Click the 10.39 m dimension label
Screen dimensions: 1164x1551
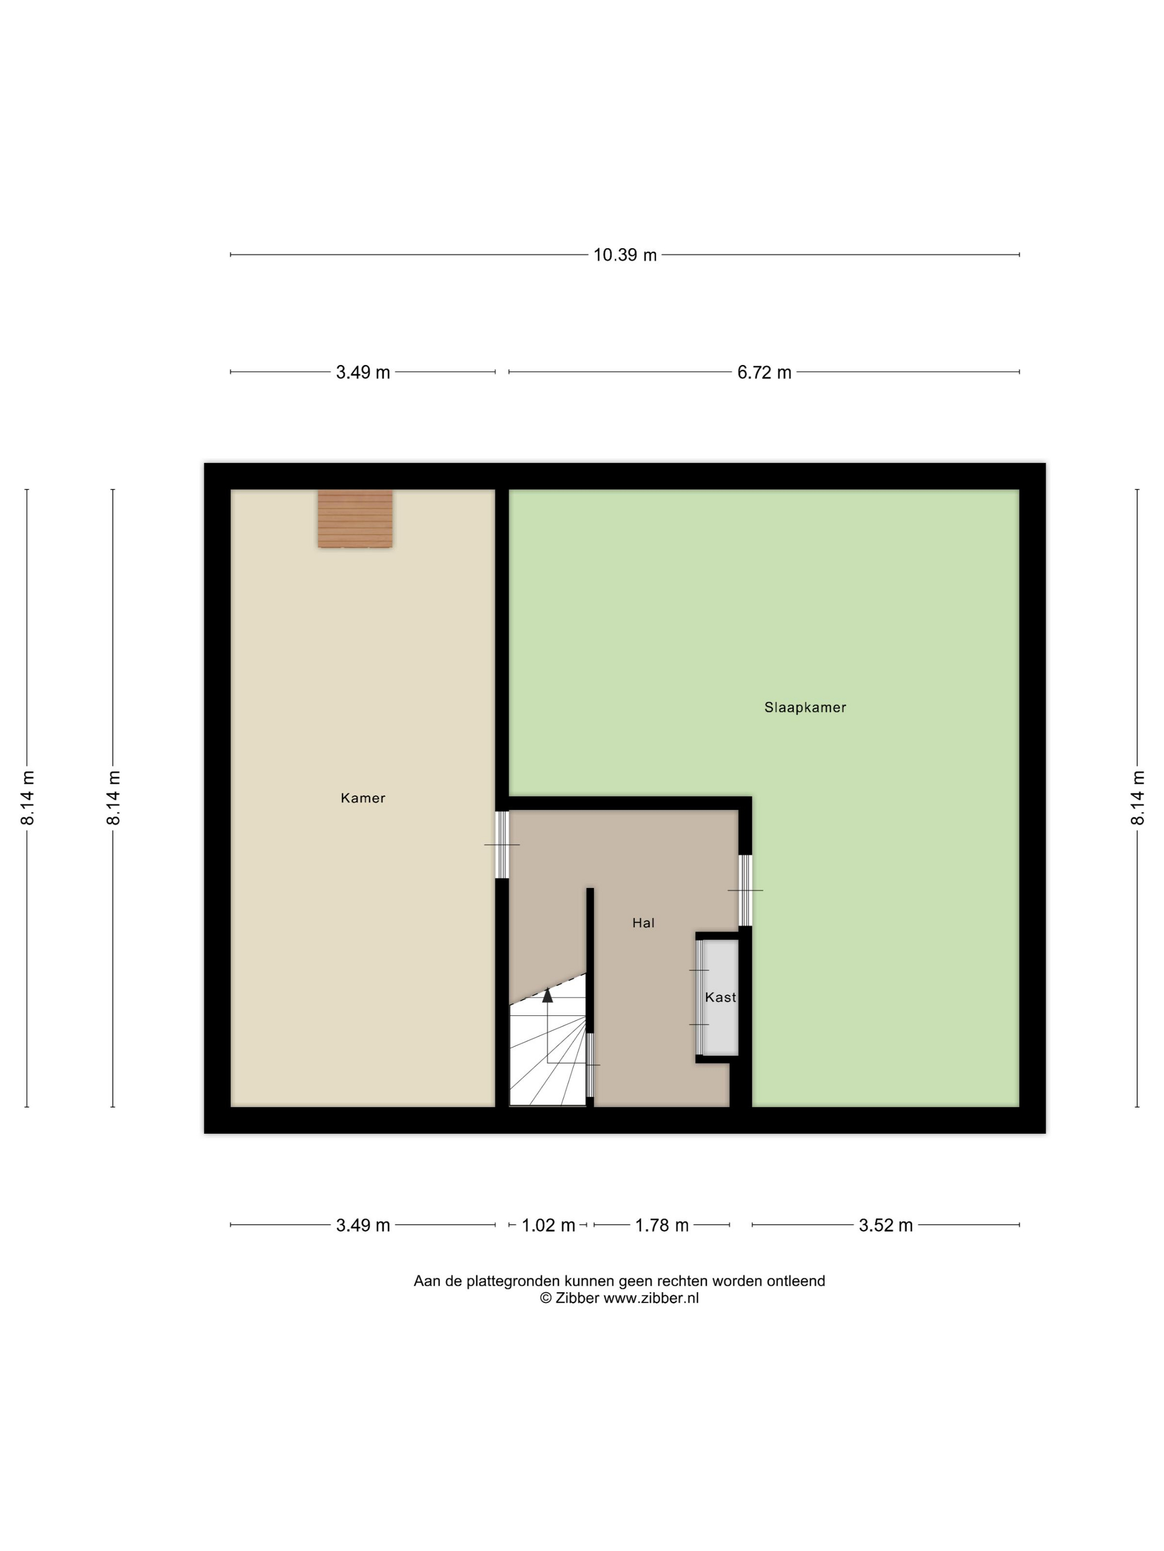tap(625, 254)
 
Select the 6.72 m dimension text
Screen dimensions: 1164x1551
tap(764, 372)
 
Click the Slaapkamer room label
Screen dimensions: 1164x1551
tap(805, 707)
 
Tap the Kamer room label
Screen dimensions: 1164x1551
tap(363, 798)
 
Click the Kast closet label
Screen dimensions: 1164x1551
tap(721, 997)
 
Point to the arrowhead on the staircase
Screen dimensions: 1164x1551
tap(547, 994)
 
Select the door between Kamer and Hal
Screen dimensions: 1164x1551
tap(502, 845)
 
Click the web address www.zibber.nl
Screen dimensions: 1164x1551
tap(651, 1298)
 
